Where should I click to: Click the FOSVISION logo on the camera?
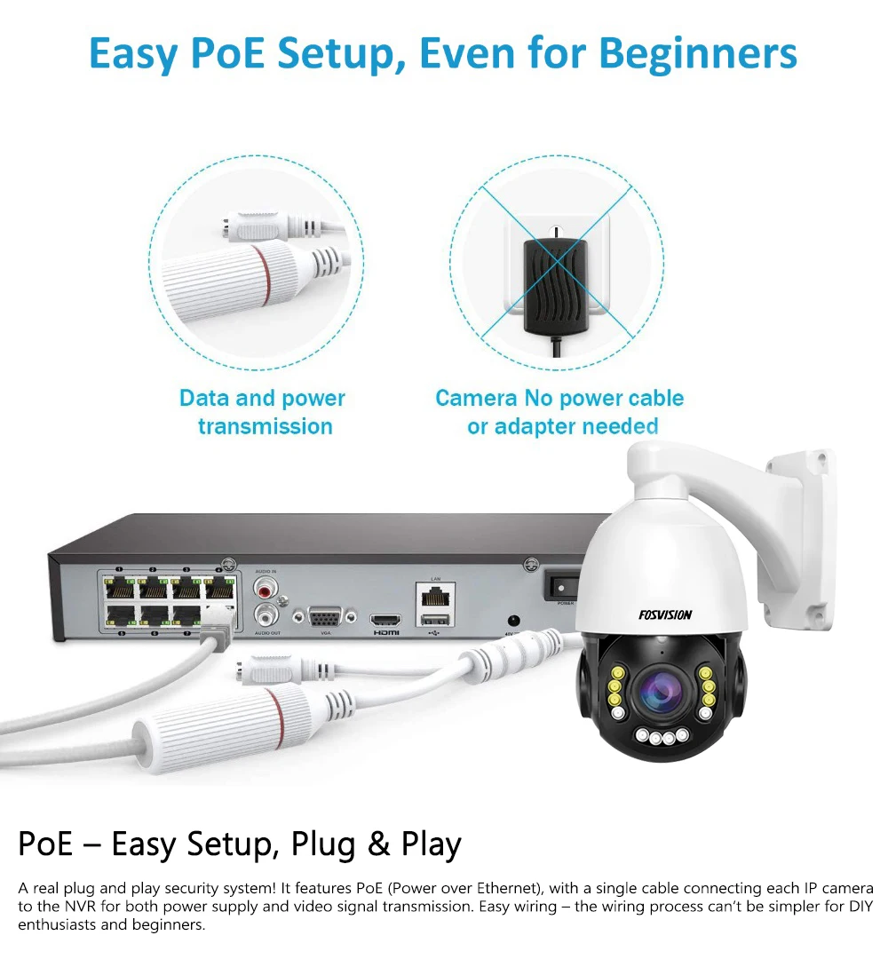point(665,614)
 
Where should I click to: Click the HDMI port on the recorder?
point(386,618)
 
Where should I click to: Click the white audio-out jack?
point(266,614)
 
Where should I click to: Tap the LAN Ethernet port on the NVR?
point(435,594)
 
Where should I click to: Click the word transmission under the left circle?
point(265,426)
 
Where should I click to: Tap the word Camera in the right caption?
point(474,398)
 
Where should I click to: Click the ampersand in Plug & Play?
point(379,844)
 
